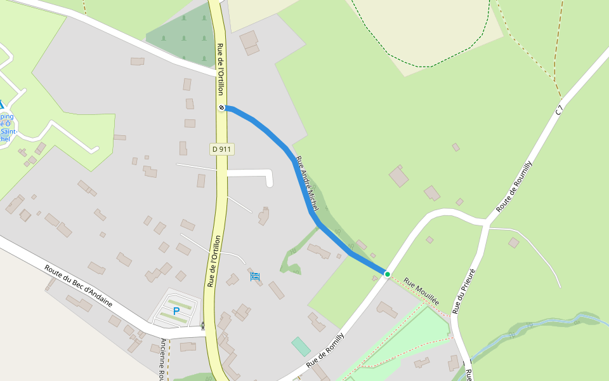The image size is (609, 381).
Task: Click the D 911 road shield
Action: (x=222, y=149)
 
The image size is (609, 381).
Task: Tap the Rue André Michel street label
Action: (x=307, y=184)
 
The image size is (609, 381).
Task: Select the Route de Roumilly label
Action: (x=514, y=187)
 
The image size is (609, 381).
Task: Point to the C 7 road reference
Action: (x=559, y=110)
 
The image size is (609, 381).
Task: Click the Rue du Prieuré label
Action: (x=464, y=291)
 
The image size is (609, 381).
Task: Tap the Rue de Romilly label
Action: (x=325, y=351)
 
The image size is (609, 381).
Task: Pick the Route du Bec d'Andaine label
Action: (x=78, y=286)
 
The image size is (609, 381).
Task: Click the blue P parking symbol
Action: (x=176, y=311)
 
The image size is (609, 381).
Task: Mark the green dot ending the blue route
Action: (x=387, y=274)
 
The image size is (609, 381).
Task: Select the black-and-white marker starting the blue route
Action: (x=222, y=107)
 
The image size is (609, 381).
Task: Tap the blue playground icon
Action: (x=255, y=276)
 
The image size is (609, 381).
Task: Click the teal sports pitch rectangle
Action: (x=301, y=347)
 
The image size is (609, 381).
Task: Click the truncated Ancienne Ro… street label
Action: (x=162, y=359)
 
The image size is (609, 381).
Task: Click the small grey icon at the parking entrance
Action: (x=203, y=327)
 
